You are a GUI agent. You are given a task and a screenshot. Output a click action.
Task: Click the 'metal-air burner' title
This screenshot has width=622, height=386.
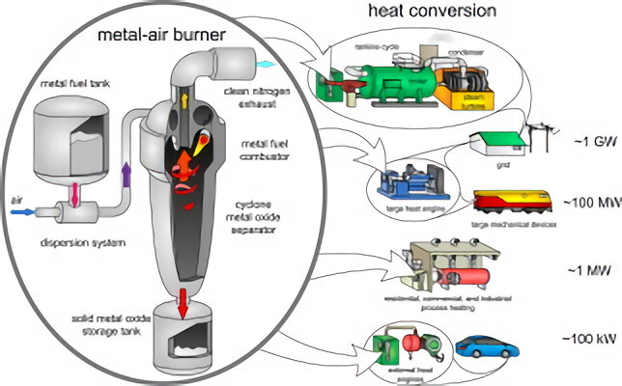point(155,36)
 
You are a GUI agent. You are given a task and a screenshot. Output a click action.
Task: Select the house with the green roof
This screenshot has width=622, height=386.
point(492,143)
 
